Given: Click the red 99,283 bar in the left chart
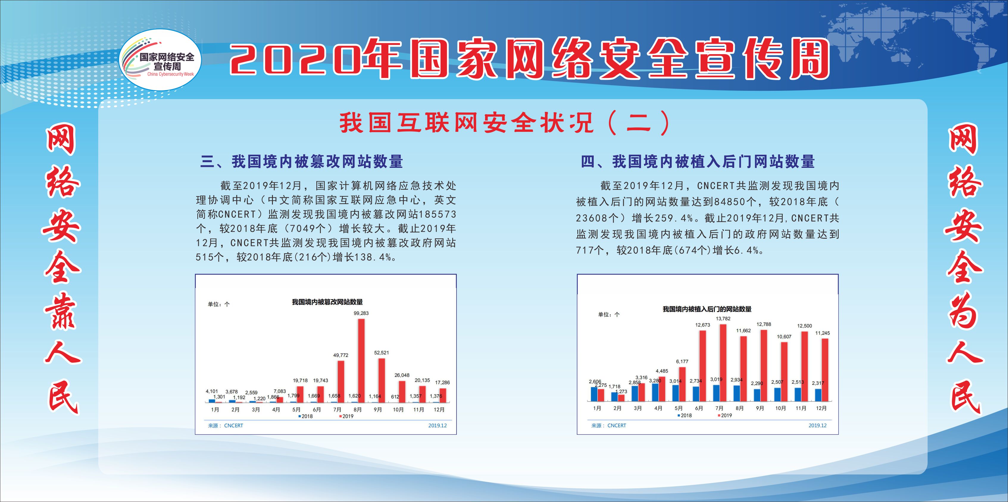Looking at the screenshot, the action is [x=361, y=360].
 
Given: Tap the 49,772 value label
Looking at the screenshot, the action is [x=340, y=355].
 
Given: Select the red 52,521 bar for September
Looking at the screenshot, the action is [x=382, y=380].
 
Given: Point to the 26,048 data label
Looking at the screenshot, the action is [x=402, y=375].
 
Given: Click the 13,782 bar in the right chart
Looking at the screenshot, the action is [x=723, y=363].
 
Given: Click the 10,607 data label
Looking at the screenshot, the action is [x=784, y=337].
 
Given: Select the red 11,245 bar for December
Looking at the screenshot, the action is [x=825, y=370].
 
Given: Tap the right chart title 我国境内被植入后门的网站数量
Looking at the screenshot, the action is [x=707, y=309].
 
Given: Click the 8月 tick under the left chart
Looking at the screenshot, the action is [x=357, y=410].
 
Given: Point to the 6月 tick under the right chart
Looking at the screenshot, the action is [x=699, y=408].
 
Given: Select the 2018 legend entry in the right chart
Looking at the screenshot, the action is [x=685, y=415].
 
